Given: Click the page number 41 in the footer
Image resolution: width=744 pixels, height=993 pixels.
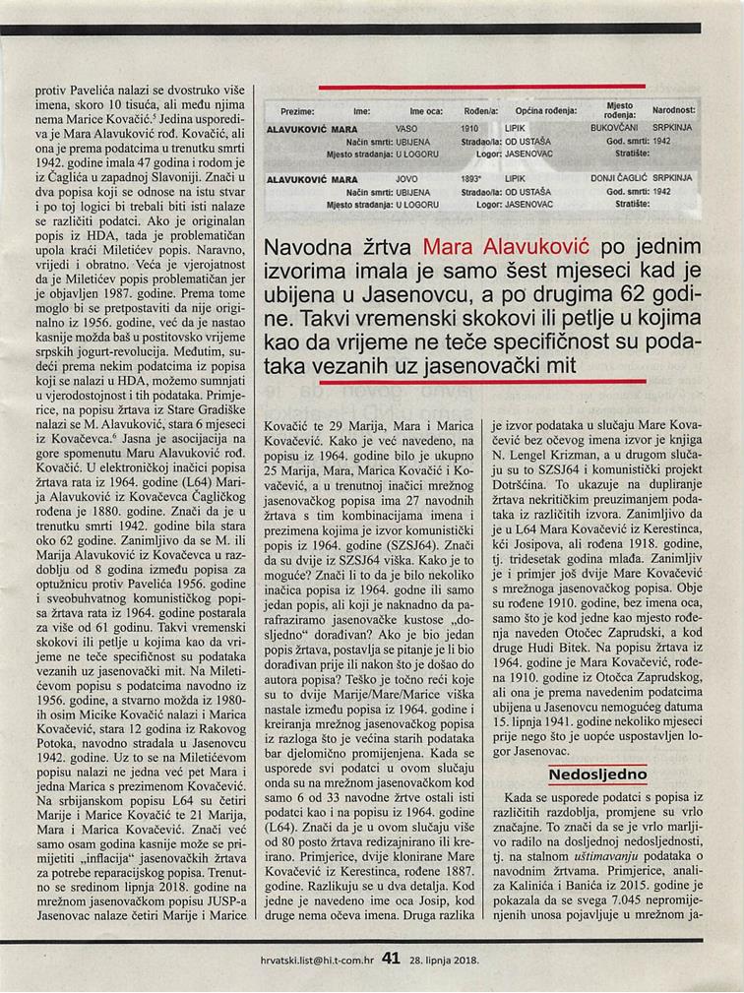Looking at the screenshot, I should point(390,956).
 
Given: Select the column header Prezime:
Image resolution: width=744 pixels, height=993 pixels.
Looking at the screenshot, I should point(297,111).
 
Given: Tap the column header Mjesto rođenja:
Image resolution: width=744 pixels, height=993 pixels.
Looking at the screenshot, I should point(620,109).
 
